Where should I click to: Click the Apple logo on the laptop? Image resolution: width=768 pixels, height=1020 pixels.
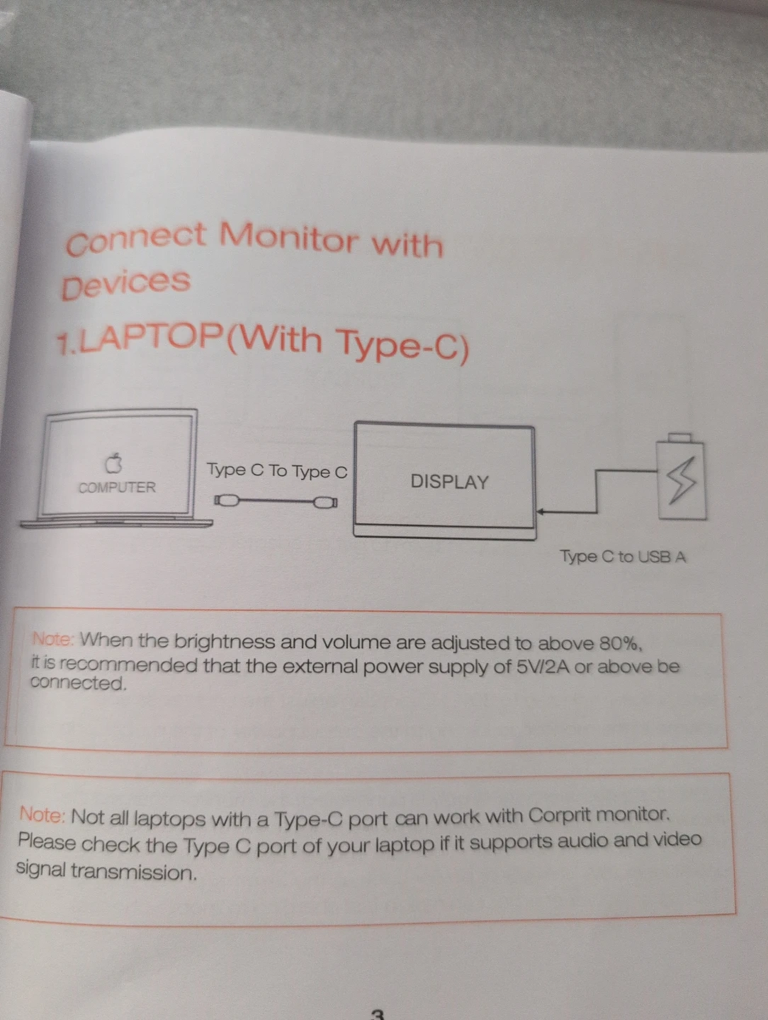pyautogui.click(x=113, y=463)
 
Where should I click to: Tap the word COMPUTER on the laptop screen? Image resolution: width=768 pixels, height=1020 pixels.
pyautogui.click(x=117, y=487)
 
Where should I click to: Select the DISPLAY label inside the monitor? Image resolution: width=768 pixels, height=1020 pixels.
pyautogui.click(x=449, y=482)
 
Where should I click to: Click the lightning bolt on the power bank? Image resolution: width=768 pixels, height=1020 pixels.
pyautogui.click(x=681, y=480)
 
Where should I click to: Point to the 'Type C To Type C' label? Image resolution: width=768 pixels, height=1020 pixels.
pyautogui.click(x=277, y=471)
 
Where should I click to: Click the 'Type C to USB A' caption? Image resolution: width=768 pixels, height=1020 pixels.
pyautogui.click(x=623, y=556)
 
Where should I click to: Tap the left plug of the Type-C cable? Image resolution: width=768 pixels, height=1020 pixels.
pyautogui.click(x=227, y=501)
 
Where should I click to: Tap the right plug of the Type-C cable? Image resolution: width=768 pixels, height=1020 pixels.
pyautogui.click(x=325, y=502)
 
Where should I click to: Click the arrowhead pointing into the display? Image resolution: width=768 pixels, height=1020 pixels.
pyautogui.click(x=540, y=511)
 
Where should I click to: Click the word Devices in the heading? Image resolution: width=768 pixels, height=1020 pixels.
pyautogui.click(x=126, y=283)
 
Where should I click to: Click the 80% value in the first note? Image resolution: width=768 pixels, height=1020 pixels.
pyautogui.click(x=621, y=644)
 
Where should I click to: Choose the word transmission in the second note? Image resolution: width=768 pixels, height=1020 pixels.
pyautogui.click(x=134, y=872)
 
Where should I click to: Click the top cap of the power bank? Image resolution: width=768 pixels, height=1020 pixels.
pyautogui.click(x=679, y=438)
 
